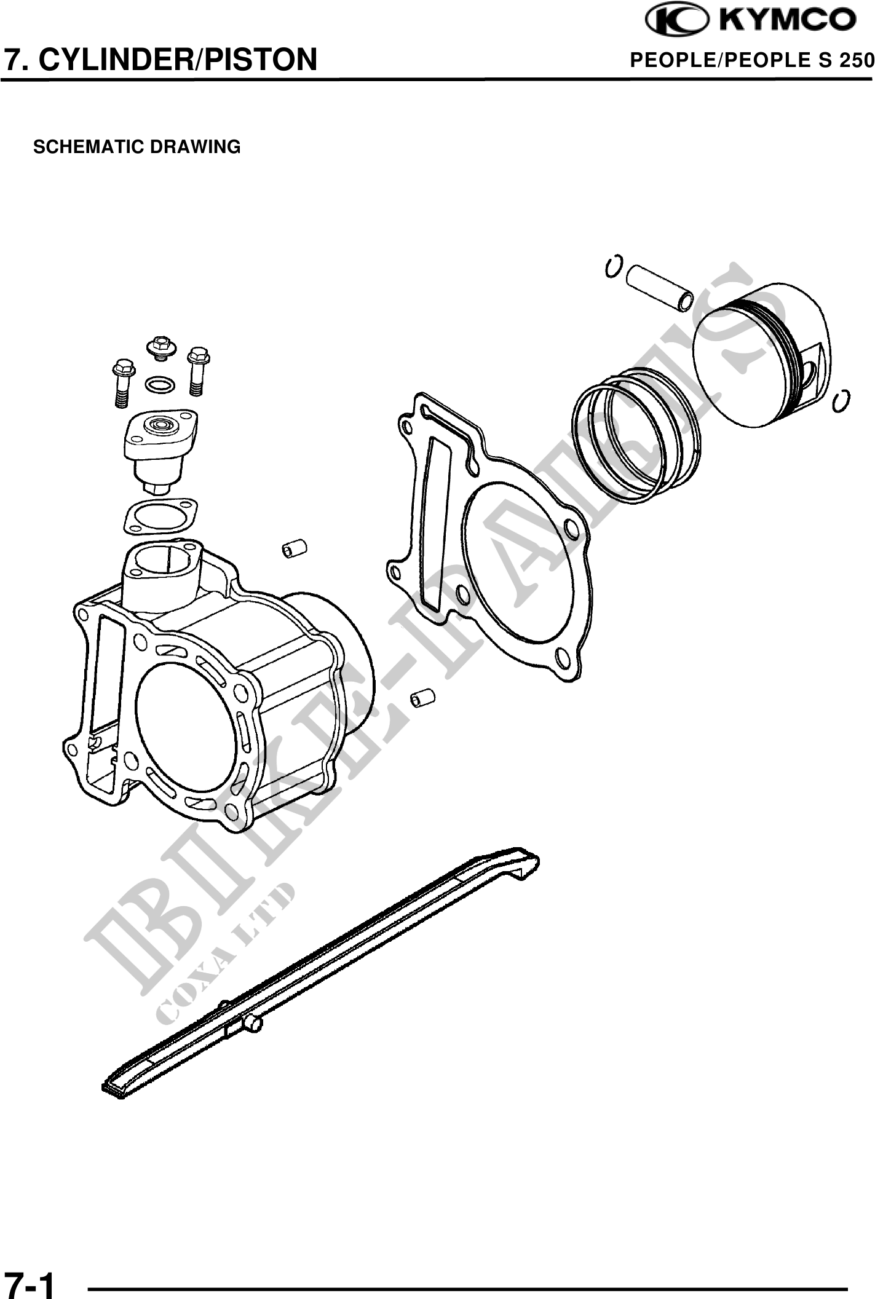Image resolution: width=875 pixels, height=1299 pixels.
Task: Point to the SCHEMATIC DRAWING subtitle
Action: point(137,148)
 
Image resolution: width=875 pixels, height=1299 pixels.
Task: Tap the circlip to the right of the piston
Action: point(841,400)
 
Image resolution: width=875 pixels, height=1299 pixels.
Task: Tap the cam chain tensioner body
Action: point(160,449)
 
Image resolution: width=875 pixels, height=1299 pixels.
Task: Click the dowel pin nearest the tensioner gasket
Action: point(294,548)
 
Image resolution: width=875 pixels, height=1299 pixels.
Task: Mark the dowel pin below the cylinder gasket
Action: point(422,698)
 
